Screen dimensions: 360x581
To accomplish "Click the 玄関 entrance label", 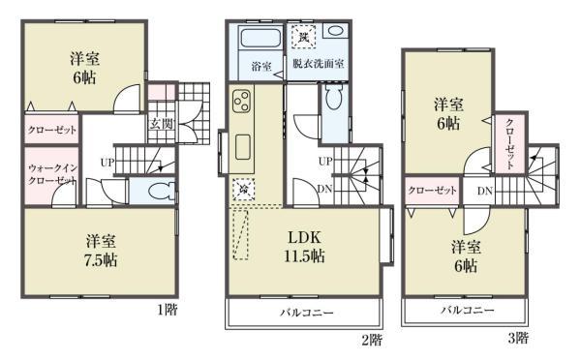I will click(161, 123).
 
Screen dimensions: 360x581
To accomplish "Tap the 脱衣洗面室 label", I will click(320, 67).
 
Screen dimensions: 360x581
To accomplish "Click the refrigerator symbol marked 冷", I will click(241, 189).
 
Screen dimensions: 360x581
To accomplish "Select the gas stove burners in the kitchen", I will click(241, 102).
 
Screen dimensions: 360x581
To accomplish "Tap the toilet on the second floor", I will click(334, 99).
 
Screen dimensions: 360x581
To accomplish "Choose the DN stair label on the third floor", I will click(482, 191).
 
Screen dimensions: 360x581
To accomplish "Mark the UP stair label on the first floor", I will click(108, 162).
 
